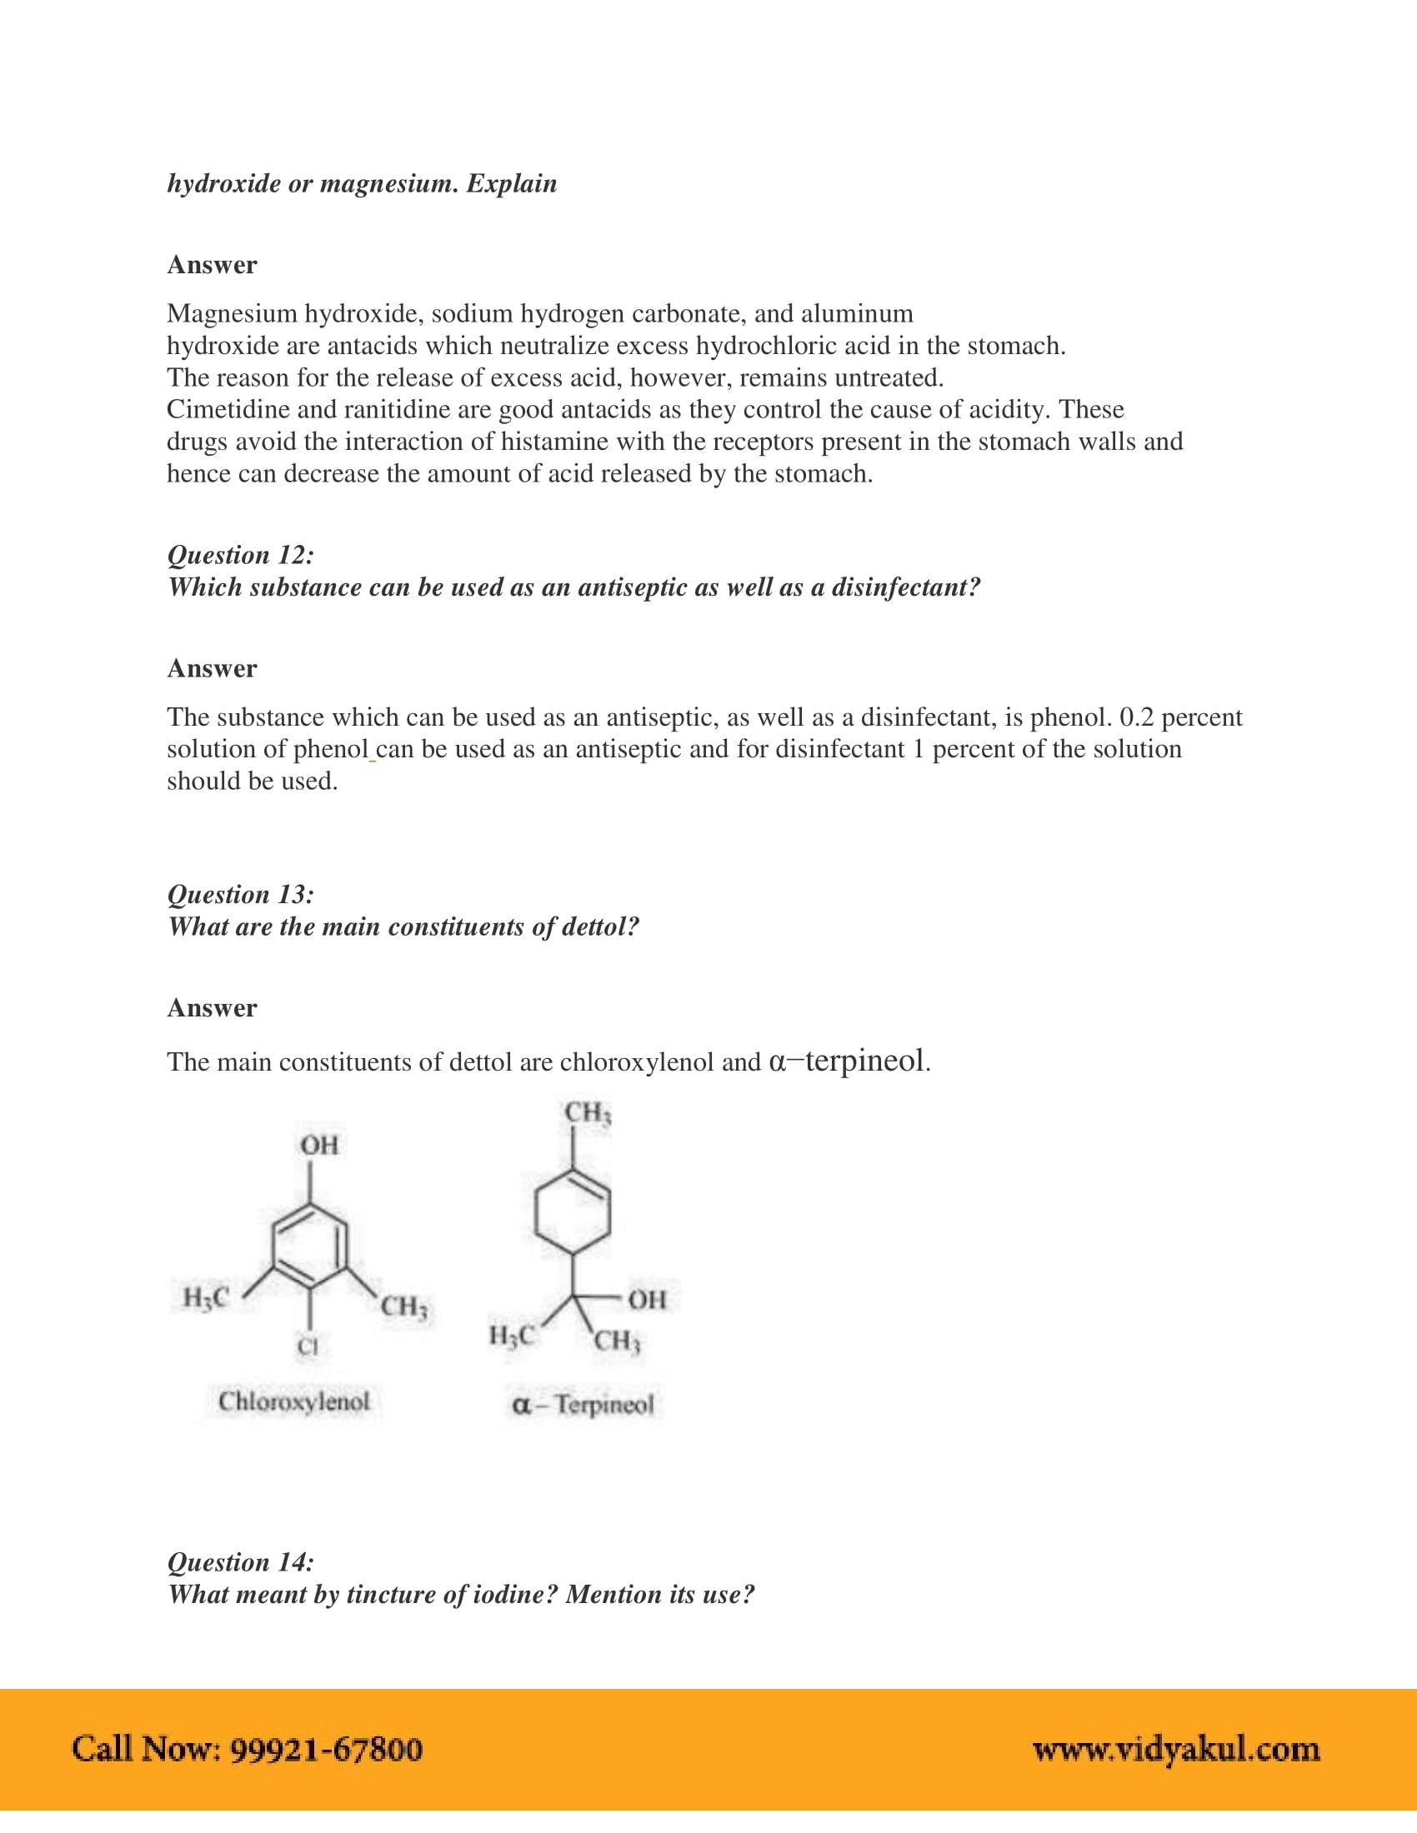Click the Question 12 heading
241,556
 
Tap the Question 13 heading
241,895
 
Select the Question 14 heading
241,1562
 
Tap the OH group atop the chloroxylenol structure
319,1146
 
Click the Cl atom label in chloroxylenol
308,1347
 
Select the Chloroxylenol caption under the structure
293,1401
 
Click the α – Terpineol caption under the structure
583,1404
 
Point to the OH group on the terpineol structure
647,1300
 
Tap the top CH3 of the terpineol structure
588,1114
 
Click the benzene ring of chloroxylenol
310,1246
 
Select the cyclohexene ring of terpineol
573,1213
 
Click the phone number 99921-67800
326,1749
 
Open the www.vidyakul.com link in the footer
1176,1749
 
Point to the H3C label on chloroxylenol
206,1297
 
